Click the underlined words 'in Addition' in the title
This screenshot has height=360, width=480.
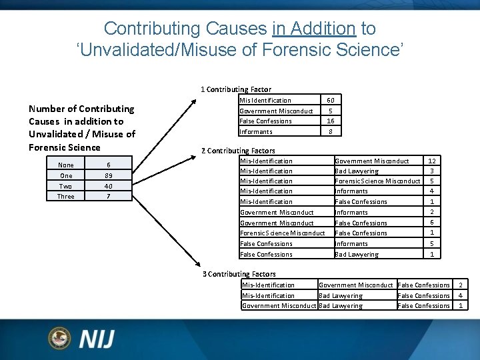click(x=313, y=29)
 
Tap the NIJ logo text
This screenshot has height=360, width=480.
click(x=97, y=339)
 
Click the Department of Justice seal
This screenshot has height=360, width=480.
click(x=59, y=338)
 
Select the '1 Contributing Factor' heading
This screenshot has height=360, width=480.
click(x=236, y=89)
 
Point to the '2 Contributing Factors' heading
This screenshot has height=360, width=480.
click(x=238, y=151)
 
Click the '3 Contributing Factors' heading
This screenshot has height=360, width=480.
click(x=239, y=274)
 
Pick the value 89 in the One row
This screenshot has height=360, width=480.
click(x=108, y=176)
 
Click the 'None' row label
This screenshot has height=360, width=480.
click(x=66, y=165)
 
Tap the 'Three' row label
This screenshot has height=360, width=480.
click(x=66, y=197)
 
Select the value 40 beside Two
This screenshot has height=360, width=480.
click(x=108, y=186)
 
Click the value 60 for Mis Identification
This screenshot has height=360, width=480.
click(x=330, y=101)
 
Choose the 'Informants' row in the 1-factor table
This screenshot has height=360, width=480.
click(x=256, y=132)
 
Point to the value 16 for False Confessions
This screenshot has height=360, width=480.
click(x=330, y=121)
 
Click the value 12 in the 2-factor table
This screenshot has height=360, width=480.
click(x=432, y=161)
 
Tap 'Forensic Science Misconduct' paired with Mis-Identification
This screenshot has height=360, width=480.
click(x=377, y=181)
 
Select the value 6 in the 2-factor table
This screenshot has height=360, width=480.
click(x=432, y=223)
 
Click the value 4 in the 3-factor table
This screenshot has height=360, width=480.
click(x=460, y=295)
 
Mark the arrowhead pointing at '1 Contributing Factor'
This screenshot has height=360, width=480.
click(x=194, y=102)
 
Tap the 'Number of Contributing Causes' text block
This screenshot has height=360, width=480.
click(x=81, y=128)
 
